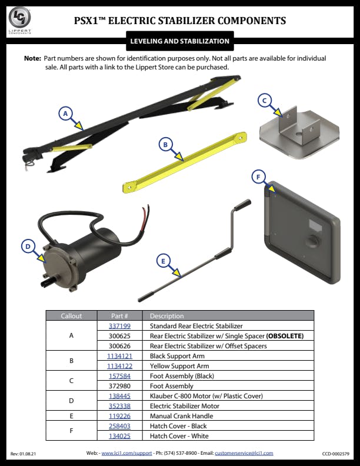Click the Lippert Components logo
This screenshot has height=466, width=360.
[x=19, y=21]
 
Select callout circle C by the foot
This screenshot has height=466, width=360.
[x=265, y=101]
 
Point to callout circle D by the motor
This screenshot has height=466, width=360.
[x=27, y=247]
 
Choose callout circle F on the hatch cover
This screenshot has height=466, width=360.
[x=257, y=177]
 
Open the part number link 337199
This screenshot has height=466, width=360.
[x=119, y=326]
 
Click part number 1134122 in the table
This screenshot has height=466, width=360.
[x=119, y=366]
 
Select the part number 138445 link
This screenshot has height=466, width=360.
[x=119, y=396]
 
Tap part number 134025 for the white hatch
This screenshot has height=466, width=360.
[x=119, y=436]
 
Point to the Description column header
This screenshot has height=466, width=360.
[x=166, y=316]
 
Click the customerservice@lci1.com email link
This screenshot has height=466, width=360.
[x=244, y=454]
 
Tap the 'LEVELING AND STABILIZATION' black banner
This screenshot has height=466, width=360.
[x=179, y=41]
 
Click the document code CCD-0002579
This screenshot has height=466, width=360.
[x=336, y=454]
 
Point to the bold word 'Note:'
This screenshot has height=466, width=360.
[x=32, y=59]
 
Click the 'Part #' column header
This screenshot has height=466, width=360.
[x=119, y=316]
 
